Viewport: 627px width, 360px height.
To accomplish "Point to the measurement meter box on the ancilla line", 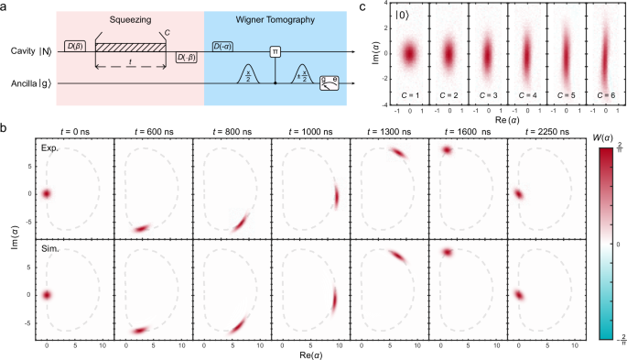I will pos(329,84).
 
